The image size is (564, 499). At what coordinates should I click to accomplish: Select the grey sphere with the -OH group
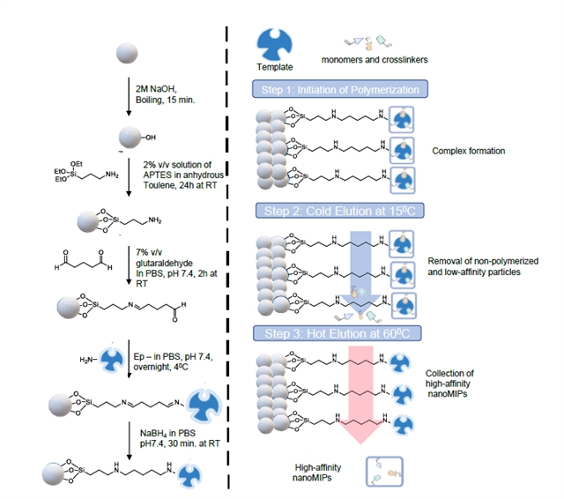coord(130,138)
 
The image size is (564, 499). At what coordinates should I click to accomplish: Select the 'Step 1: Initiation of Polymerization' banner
coord(340,89)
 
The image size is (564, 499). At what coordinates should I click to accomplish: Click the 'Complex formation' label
coord(469,151)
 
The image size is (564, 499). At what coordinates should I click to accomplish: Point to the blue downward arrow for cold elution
coord(365,264)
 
